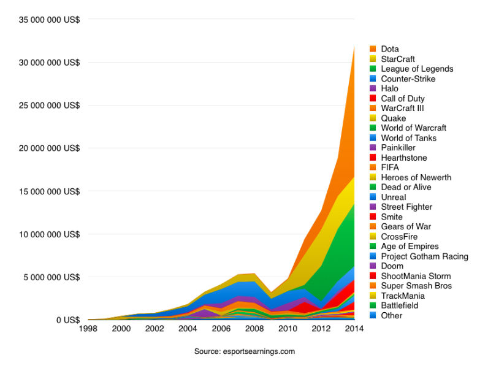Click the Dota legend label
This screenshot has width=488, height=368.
tap(389, 48)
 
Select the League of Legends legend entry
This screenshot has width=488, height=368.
tap(417, 69)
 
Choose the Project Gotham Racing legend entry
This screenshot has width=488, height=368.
tap(424, 256)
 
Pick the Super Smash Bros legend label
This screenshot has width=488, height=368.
tap(416, 286)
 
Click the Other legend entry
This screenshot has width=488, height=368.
tap(391, 315)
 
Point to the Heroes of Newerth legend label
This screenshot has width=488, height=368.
tap(416, 177)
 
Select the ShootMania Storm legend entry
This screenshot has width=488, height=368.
tap(414, 276)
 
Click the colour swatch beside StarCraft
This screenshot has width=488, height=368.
tap(373, 59)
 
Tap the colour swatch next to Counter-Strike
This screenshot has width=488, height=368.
tap(373, 79)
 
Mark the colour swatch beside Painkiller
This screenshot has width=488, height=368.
tap(373, 148)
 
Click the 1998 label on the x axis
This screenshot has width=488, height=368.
tap(88, 329)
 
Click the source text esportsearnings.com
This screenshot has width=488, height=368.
tap(244, 351)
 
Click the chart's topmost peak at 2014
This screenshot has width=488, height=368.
tap(354, 45)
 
